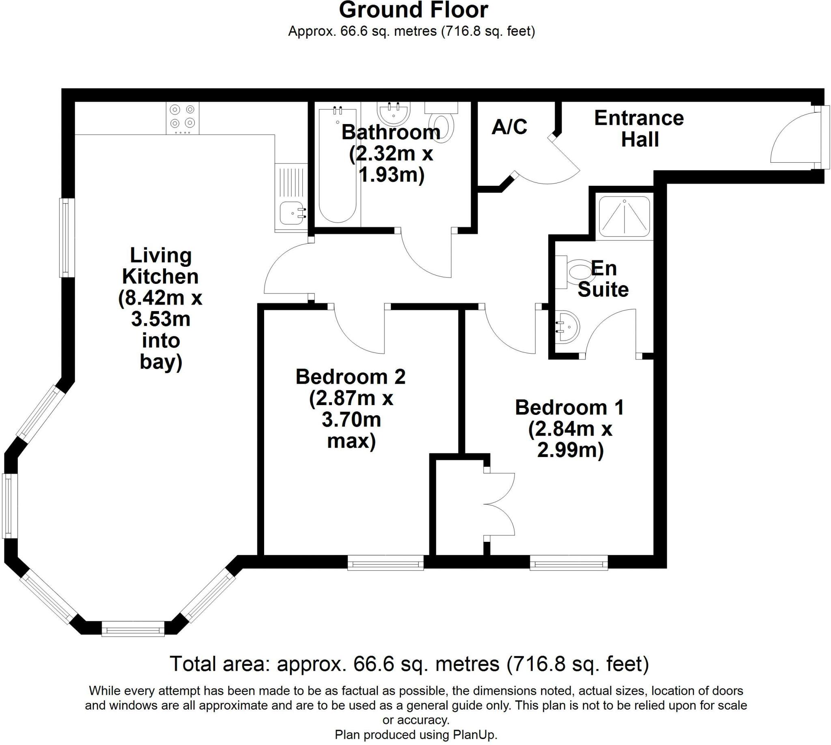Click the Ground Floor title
(413, 11)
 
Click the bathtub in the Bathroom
(337, 165)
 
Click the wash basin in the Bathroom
(393, 112)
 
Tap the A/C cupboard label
(509, 127)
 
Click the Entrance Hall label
(639, 129)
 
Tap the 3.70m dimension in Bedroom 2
(351, 420)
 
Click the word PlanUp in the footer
(474, 735)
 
